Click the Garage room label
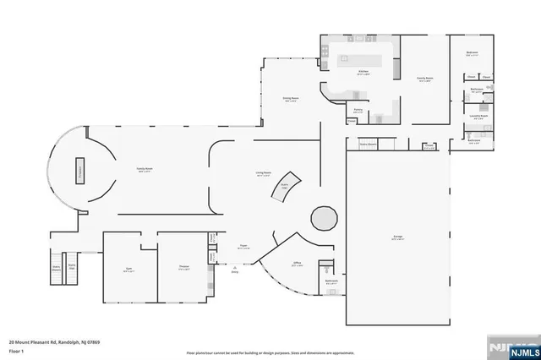(x=397, y=238)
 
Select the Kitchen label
(x=363, y=72)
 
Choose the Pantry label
(x=358, y=110)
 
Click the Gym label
(x=128, y=270)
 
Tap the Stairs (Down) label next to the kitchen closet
(x=369, y=145)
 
